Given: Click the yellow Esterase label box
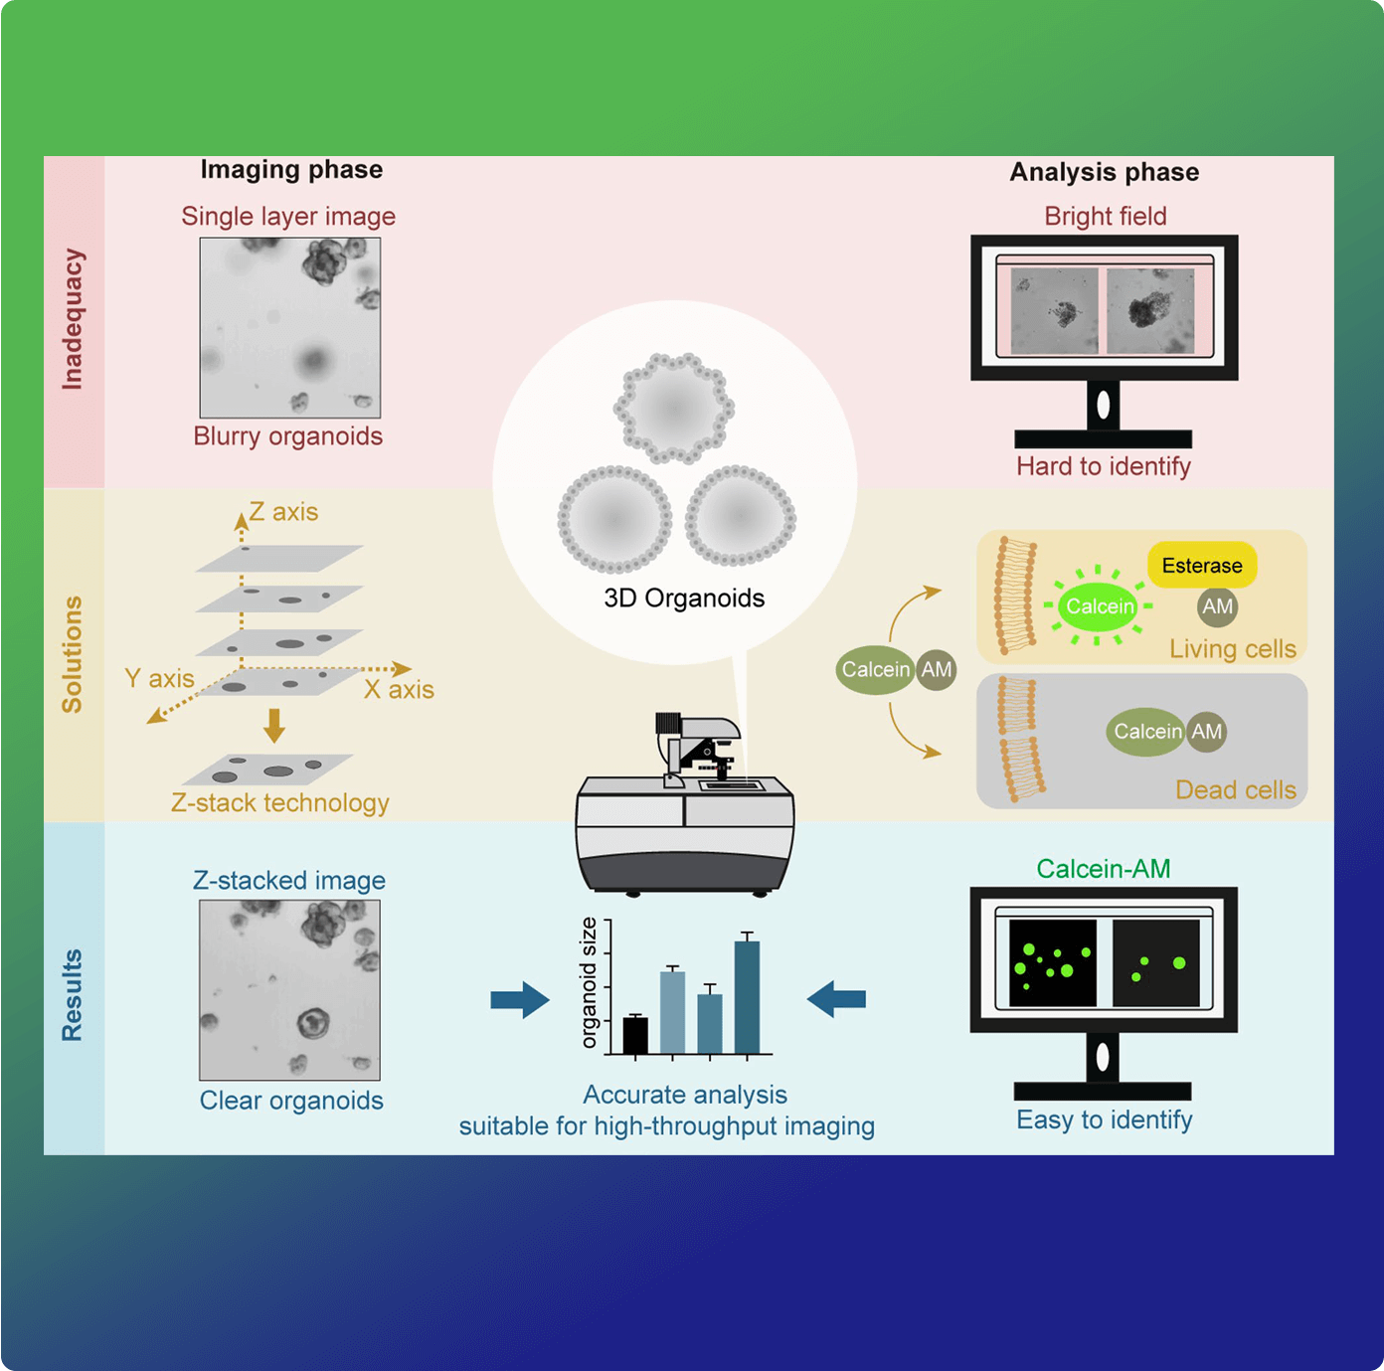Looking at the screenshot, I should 1202,566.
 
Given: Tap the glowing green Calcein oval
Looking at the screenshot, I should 1099,606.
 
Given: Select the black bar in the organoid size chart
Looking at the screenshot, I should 635,1035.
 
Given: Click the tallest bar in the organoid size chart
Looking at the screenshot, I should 747,996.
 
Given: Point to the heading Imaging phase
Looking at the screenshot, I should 291,170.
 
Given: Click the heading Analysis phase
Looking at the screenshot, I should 1104,172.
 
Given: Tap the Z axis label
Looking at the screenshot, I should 283,512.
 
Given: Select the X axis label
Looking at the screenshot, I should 399,689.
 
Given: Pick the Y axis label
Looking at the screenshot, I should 159,678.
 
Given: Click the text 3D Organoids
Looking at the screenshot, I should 684,598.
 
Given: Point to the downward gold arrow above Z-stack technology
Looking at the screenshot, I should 274,725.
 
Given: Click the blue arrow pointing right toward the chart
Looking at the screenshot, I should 520,999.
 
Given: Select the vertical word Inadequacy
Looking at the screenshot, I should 73,319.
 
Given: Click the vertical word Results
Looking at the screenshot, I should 72,995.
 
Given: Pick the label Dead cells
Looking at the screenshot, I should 1235,790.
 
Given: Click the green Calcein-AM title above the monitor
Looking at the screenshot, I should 1103,869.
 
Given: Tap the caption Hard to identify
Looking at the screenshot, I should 1103,466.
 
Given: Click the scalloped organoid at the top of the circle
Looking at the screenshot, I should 674,409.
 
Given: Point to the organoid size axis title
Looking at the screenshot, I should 589,982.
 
